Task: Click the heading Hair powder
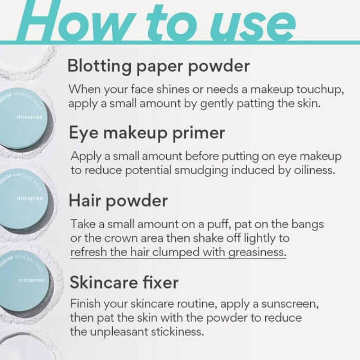[x=118, y=201]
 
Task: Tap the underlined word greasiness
[x=257, y=252]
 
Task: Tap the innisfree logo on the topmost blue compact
[x=30, y=117]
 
